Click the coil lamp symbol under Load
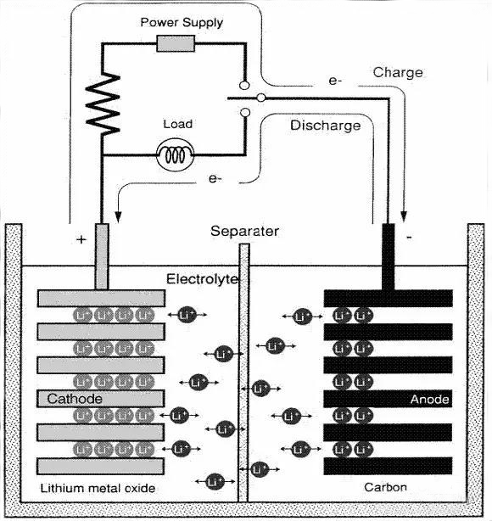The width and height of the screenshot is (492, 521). click(x=177, y=154)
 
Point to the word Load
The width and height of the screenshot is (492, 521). click(x=177, y=124)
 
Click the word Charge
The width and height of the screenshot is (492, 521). click(x=397, y=73)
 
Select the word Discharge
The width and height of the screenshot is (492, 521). click(x=325, y=126)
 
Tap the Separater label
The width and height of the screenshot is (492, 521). click(x=245, y=231)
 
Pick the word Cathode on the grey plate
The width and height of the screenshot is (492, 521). click(x=75, y=399)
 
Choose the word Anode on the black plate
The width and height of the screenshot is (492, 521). click(x=428, y=399)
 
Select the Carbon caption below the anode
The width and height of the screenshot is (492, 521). click(x=386, y=487)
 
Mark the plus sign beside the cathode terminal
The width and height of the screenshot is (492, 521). click(x=81, y=239)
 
